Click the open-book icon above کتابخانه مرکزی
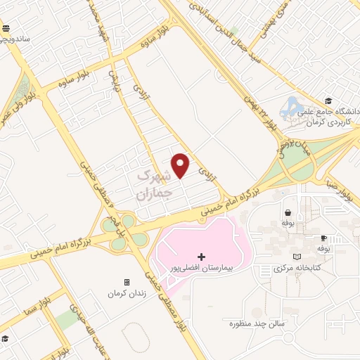coord(300,257)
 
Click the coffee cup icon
coord(323,238)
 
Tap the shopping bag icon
coord(288,212)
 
